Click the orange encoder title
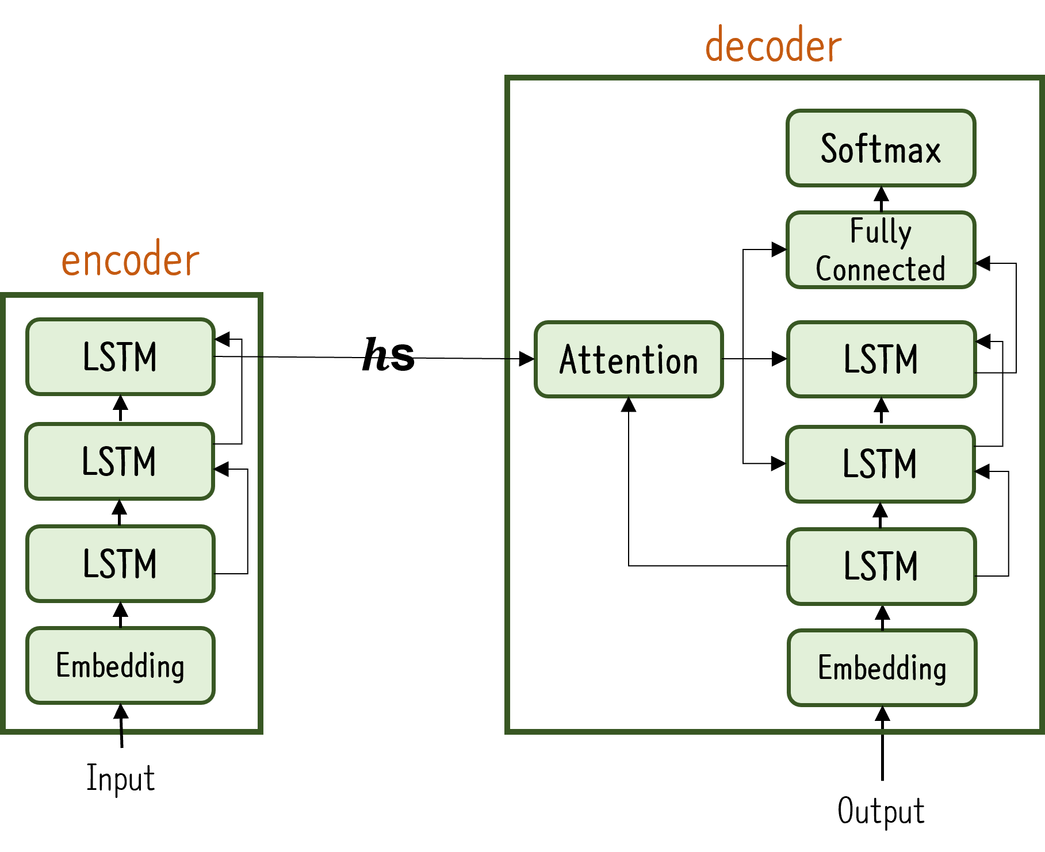coord(130,260)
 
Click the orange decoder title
coord(773,45)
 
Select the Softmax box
coord(881,148)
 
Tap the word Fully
coord(880,232)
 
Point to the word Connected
coord(880,268)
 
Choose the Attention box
coord(629,359)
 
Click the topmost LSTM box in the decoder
coord(881,359)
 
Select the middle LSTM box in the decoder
coord(880,464)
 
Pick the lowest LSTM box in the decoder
coord(881,566)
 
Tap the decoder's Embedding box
coord(882,667)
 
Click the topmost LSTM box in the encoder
coord(120,356)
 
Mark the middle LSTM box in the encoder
coord(120,461)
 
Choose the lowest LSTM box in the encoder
coord(120,563)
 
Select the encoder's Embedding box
coord(120,665)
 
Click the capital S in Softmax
coord(829,148)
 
